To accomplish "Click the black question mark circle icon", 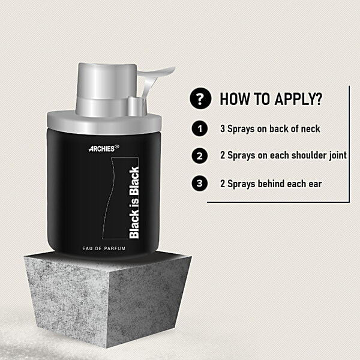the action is tap(200, 98).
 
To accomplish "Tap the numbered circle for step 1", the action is tap(200, 128).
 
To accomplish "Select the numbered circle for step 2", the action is tap(200, 156).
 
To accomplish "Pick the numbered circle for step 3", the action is tap(200, 183).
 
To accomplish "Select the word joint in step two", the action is tap(338, 155).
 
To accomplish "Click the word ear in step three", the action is tap(315, 184).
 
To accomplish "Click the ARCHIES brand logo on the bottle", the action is tap(104, 148).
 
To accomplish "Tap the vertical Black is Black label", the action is tap(134, 203).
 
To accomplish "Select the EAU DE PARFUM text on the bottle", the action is tap(104, 248).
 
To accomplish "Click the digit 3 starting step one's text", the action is tap(223, 129).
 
